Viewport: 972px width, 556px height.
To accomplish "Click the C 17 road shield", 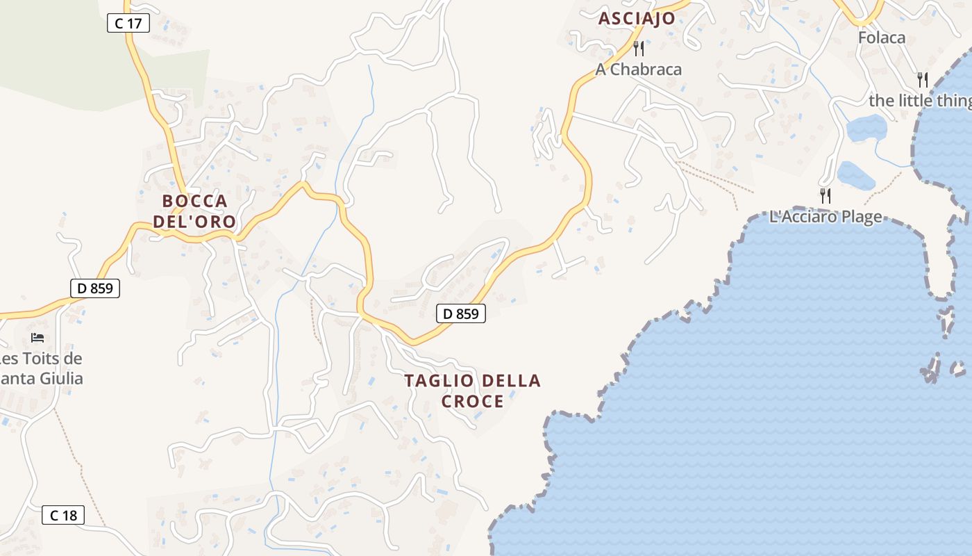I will click(x=128, y=24).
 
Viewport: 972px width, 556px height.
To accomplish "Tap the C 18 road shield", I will click(x=63, y=515).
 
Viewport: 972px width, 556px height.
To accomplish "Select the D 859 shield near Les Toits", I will click(x=95, y=288).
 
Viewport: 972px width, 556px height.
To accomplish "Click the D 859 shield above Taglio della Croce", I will click(x=461, y=313).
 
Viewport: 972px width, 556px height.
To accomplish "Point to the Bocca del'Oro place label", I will click(x=194, y=212).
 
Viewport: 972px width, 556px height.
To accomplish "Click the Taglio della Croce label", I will click(x=472, y=391).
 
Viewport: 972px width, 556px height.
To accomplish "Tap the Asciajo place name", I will click(x=637, y=19).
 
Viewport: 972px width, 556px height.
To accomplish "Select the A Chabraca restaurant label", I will click(x=639, y=69).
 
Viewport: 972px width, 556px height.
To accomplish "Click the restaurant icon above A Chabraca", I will click(x=639, y=49).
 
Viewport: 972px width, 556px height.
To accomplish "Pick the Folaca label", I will click(x=882, y=38).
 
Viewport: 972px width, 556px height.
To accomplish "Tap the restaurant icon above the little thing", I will click(x=922, y=79).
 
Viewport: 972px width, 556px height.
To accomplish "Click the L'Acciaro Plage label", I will click(x=826, y=217).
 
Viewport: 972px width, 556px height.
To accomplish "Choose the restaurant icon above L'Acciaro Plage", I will click(x=825, y=195).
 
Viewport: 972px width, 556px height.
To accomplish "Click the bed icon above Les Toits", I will click(x=38, y=338).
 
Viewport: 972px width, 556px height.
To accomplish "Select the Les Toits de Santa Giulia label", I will click(x=42, y=369).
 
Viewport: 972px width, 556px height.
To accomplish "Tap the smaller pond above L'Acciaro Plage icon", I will click(x=856, y=174).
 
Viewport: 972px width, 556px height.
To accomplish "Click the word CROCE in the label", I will click(x=472, y=402).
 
